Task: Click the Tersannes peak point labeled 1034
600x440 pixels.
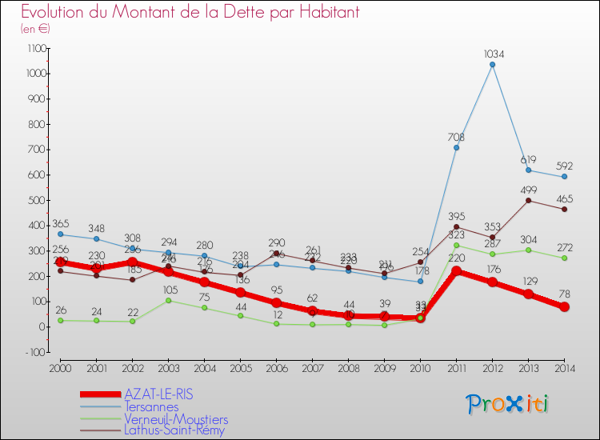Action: click(x=492, y=65)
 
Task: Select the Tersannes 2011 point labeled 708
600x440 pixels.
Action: click(x=456, y=147)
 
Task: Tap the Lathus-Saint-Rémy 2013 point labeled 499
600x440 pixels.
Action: click(x=528, y=200)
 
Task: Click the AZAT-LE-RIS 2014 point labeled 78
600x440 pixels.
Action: click(x=564, y=306)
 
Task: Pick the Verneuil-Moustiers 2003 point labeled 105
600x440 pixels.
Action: click(x=168, y=300)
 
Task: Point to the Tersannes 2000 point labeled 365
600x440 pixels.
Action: click(x=60, y=234)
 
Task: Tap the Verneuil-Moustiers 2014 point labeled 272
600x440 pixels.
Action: click(x=564, y=258)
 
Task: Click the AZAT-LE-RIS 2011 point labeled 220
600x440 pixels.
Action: click(x=456, y=271)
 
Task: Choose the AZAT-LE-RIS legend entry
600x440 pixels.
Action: click(x=158, y=395)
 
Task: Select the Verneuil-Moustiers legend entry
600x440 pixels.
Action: click(x=176, y=419)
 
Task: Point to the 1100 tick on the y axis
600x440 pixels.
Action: click(x=37, y=49)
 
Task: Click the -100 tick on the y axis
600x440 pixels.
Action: click(x=37, y=352)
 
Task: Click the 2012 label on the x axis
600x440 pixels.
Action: click(x=492, y=367)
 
